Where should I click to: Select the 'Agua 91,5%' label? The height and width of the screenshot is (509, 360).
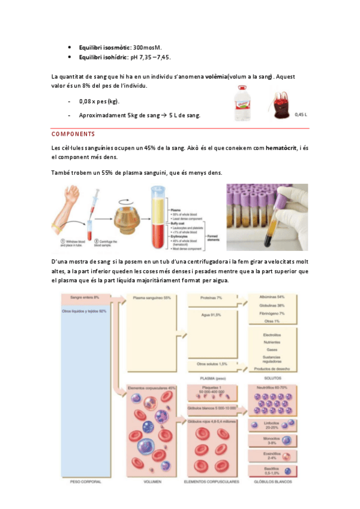pos(210,315)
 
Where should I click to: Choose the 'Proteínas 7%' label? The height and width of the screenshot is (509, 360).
pos(211,298)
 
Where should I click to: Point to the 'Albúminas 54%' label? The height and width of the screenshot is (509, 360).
pos(273,297)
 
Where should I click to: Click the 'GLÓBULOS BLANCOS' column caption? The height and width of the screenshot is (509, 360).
pos(273,481)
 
